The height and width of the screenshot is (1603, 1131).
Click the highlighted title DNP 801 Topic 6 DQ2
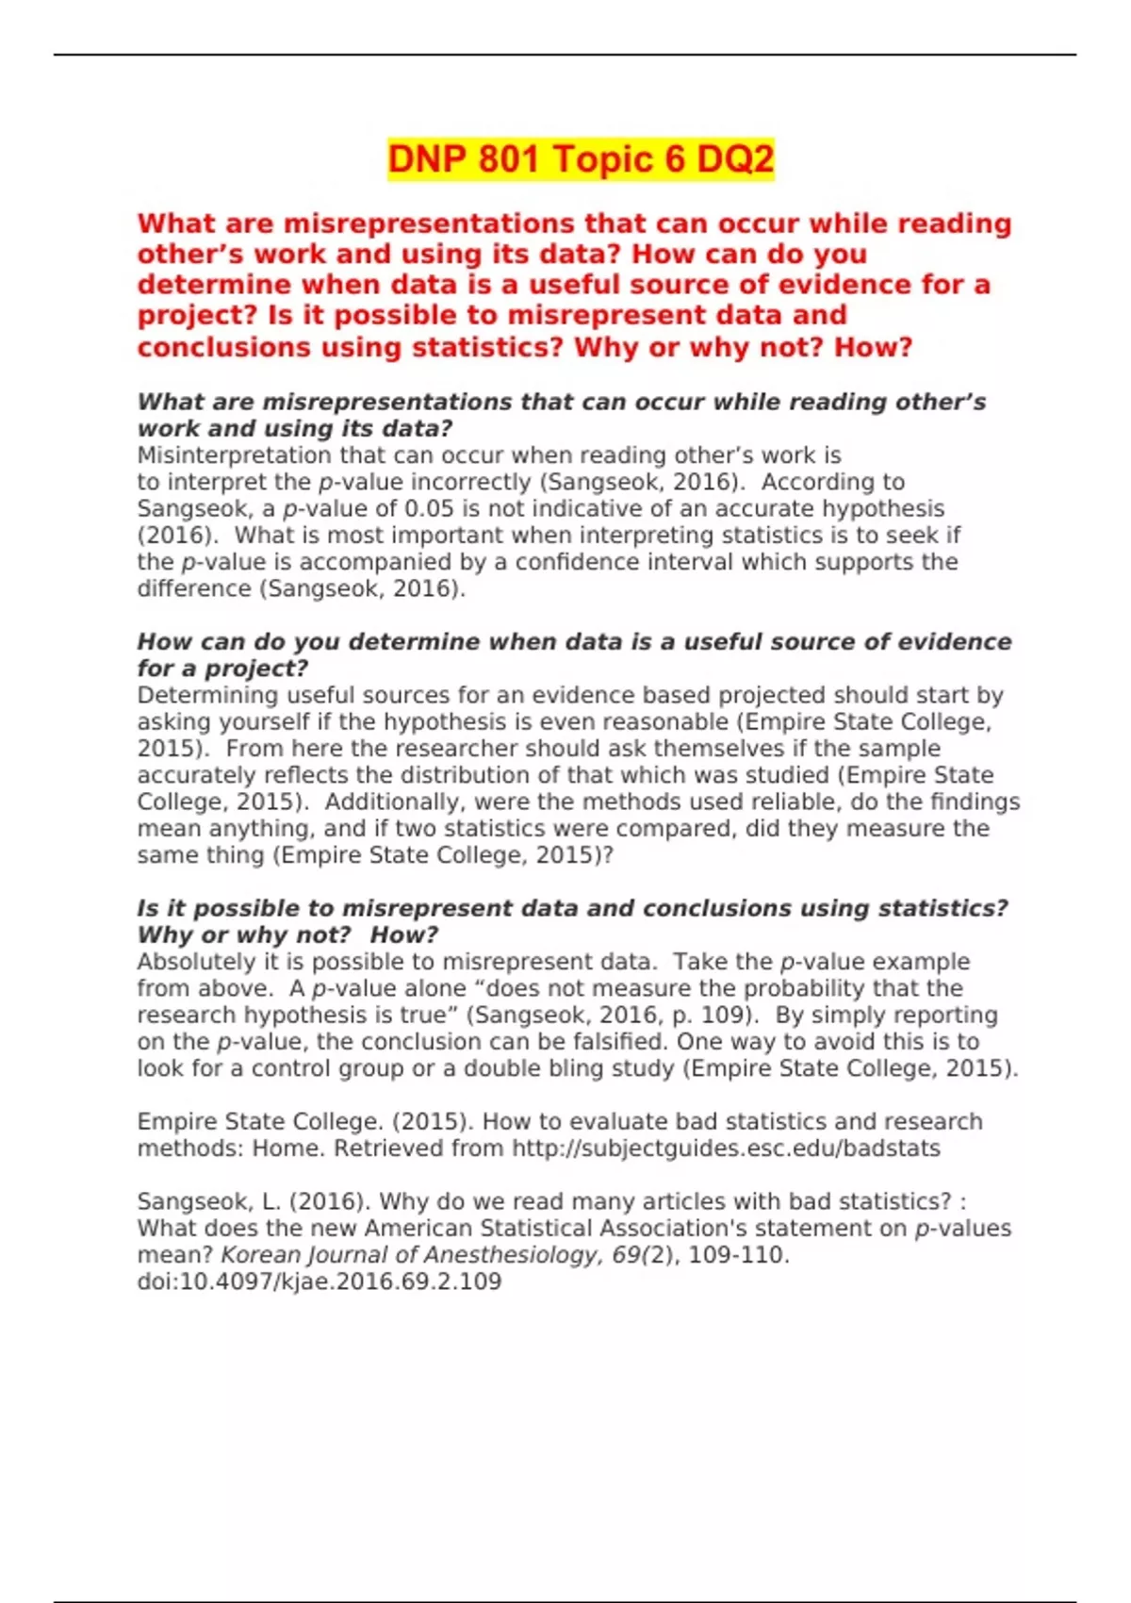coord(581,158)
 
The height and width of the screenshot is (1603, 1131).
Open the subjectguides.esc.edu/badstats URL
coord(726,1149)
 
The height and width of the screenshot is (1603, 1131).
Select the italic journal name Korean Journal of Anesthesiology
coord(410,1256)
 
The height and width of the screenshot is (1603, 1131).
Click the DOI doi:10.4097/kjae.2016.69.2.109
coord(320,1282)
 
